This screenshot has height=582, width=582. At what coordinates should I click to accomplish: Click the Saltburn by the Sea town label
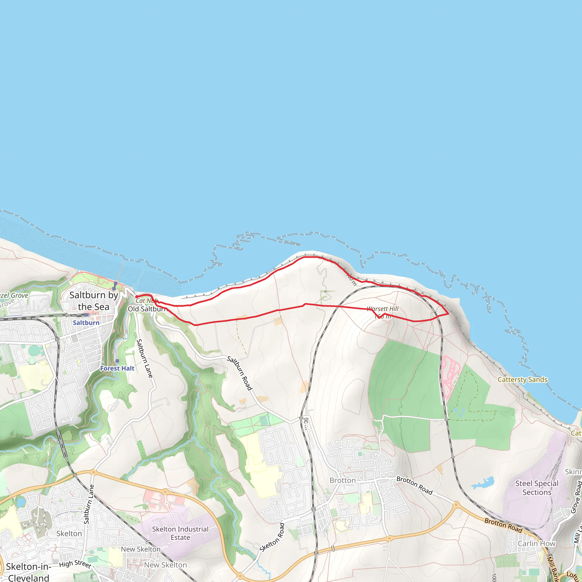94,301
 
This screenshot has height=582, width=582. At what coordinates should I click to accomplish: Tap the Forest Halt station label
117,368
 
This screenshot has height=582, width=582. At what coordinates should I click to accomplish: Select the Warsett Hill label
382,309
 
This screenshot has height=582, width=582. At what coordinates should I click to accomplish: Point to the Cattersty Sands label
522,380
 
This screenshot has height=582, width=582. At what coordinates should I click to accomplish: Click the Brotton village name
342,481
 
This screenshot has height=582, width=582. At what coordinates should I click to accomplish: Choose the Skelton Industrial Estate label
180,533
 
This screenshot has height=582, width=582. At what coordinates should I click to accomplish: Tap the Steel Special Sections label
537,488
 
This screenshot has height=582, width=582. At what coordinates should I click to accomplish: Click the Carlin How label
537,543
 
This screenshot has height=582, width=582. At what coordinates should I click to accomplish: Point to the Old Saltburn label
147,309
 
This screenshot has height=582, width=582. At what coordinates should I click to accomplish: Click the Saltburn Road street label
240,373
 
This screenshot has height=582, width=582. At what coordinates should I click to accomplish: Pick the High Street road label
75,564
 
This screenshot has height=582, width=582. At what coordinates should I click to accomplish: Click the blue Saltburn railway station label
86,323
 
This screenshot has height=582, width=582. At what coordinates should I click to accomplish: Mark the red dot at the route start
137,297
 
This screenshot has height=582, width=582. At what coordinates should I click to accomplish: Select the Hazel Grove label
14,296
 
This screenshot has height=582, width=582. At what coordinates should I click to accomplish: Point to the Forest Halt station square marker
117,361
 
